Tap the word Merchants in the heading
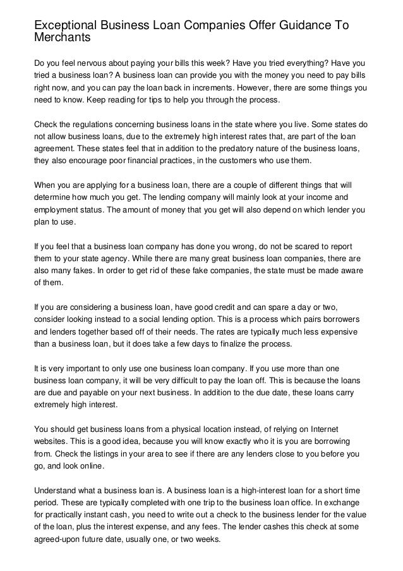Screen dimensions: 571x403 pyautogui.click(x=63, y=37)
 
